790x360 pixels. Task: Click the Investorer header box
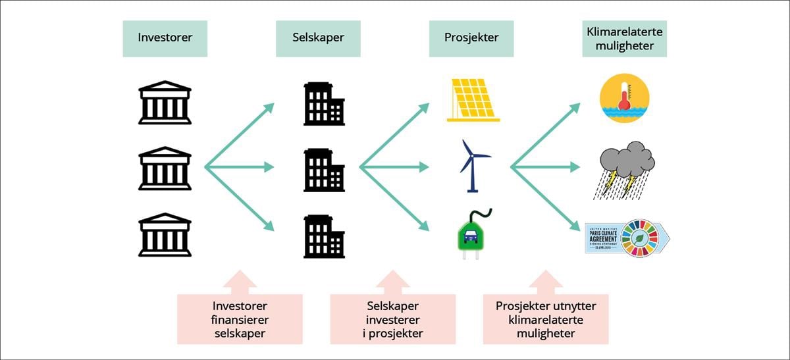coord(165,38)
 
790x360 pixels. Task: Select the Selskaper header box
coord(318,38)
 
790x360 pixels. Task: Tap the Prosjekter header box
coord(471,38)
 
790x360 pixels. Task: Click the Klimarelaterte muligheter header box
coord(624,38)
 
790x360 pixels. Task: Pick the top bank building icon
coord(165,103)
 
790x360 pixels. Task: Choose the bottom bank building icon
coord(165,234)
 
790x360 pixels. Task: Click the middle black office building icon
coord(324,170)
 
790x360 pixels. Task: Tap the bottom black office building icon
coord(324,236)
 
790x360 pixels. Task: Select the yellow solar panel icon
coord(473,100)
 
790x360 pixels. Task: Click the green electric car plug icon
coord(475,234)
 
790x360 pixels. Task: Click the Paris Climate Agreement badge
coord(602,237)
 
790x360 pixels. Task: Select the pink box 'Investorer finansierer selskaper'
coord(240,319)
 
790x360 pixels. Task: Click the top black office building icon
coord(324,104)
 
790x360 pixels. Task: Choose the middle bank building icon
coord(165,168)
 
